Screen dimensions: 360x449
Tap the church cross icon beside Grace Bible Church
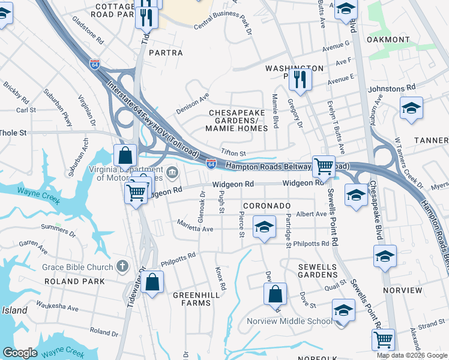122,266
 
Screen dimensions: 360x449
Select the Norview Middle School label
289,321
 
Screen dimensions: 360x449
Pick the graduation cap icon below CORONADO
264,227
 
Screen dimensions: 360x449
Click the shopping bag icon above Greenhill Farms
153,282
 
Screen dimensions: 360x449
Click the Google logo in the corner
20,352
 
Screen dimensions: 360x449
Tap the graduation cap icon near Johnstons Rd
411,108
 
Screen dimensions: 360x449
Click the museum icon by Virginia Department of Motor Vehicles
172,174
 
